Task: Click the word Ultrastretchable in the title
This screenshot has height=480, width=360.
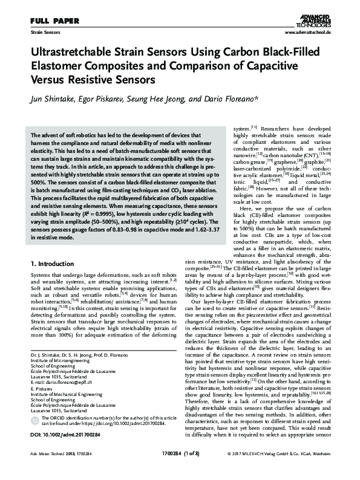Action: click(71, 53)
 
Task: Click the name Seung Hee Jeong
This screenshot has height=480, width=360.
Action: click(176, 99)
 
